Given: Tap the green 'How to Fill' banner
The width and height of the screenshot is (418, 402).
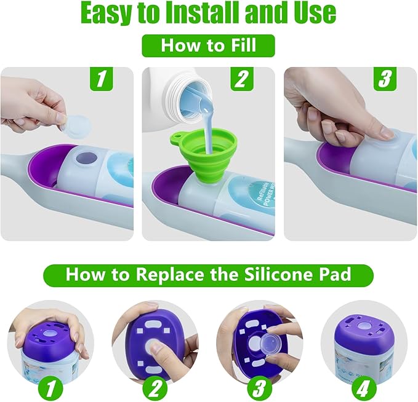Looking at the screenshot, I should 208,45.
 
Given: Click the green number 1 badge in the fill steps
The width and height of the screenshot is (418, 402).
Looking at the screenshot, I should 102,79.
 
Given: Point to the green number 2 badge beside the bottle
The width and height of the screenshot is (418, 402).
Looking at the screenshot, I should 242,79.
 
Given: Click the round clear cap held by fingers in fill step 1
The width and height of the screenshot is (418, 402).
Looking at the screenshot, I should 76,127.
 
